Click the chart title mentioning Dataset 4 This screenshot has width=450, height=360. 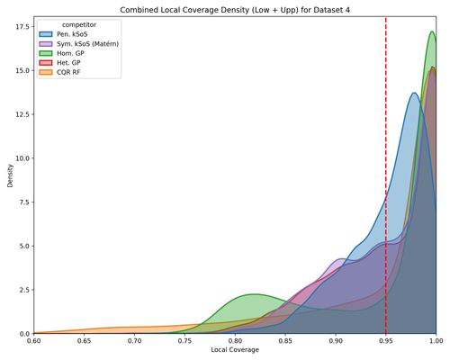click(234, 8)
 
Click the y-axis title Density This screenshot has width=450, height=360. click(8, 176)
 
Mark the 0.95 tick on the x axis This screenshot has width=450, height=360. click(386, 341)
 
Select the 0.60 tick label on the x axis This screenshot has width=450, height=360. click(34, 341)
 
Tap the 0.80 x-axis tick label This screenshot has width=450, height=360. click(235, 341)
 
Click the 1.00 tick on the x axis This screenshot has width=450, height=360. click(436, 341)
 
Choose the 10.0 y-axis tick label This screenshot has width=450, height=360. click(21, 157)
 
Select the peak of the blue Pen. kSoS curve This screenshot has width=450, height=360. click(414, 93)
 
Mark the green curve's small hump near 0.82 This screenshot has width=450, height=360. click(255, 294)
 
